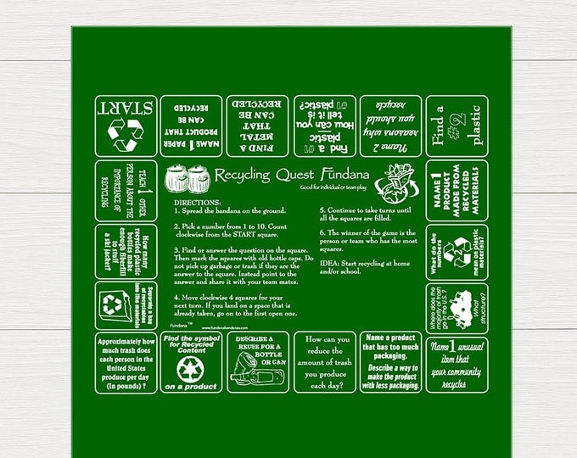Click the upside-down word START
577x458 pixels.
coord(124,107)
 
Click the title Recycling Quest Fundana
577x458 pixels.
coord(277,175)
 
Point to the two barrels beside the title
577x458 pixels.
coord(187,179)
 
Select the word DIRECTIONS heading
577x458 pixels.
coord(200,204)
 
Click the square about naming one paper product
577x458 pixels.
coord(191,126)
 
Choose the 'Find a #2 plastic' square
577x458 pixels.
coord(457,126)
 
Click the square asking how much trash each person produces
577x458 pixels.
coord(124,361)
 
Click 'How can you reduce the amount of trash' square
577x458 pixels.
coord(324,361)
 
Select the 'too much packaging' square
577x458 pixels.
coord(390,361)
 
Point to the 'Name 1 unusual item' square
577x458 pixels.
coord(457,361)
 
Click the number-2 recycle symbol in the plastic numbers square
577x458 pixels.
coord(459,248)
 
